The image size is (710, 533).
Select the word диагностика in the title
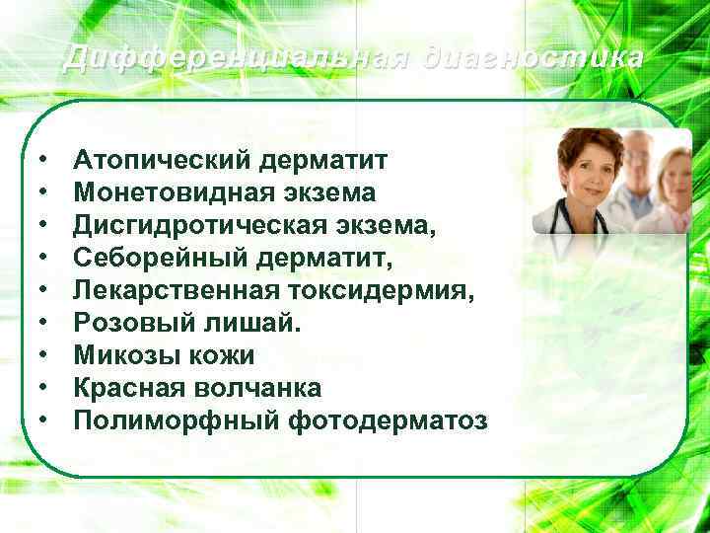532,58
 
